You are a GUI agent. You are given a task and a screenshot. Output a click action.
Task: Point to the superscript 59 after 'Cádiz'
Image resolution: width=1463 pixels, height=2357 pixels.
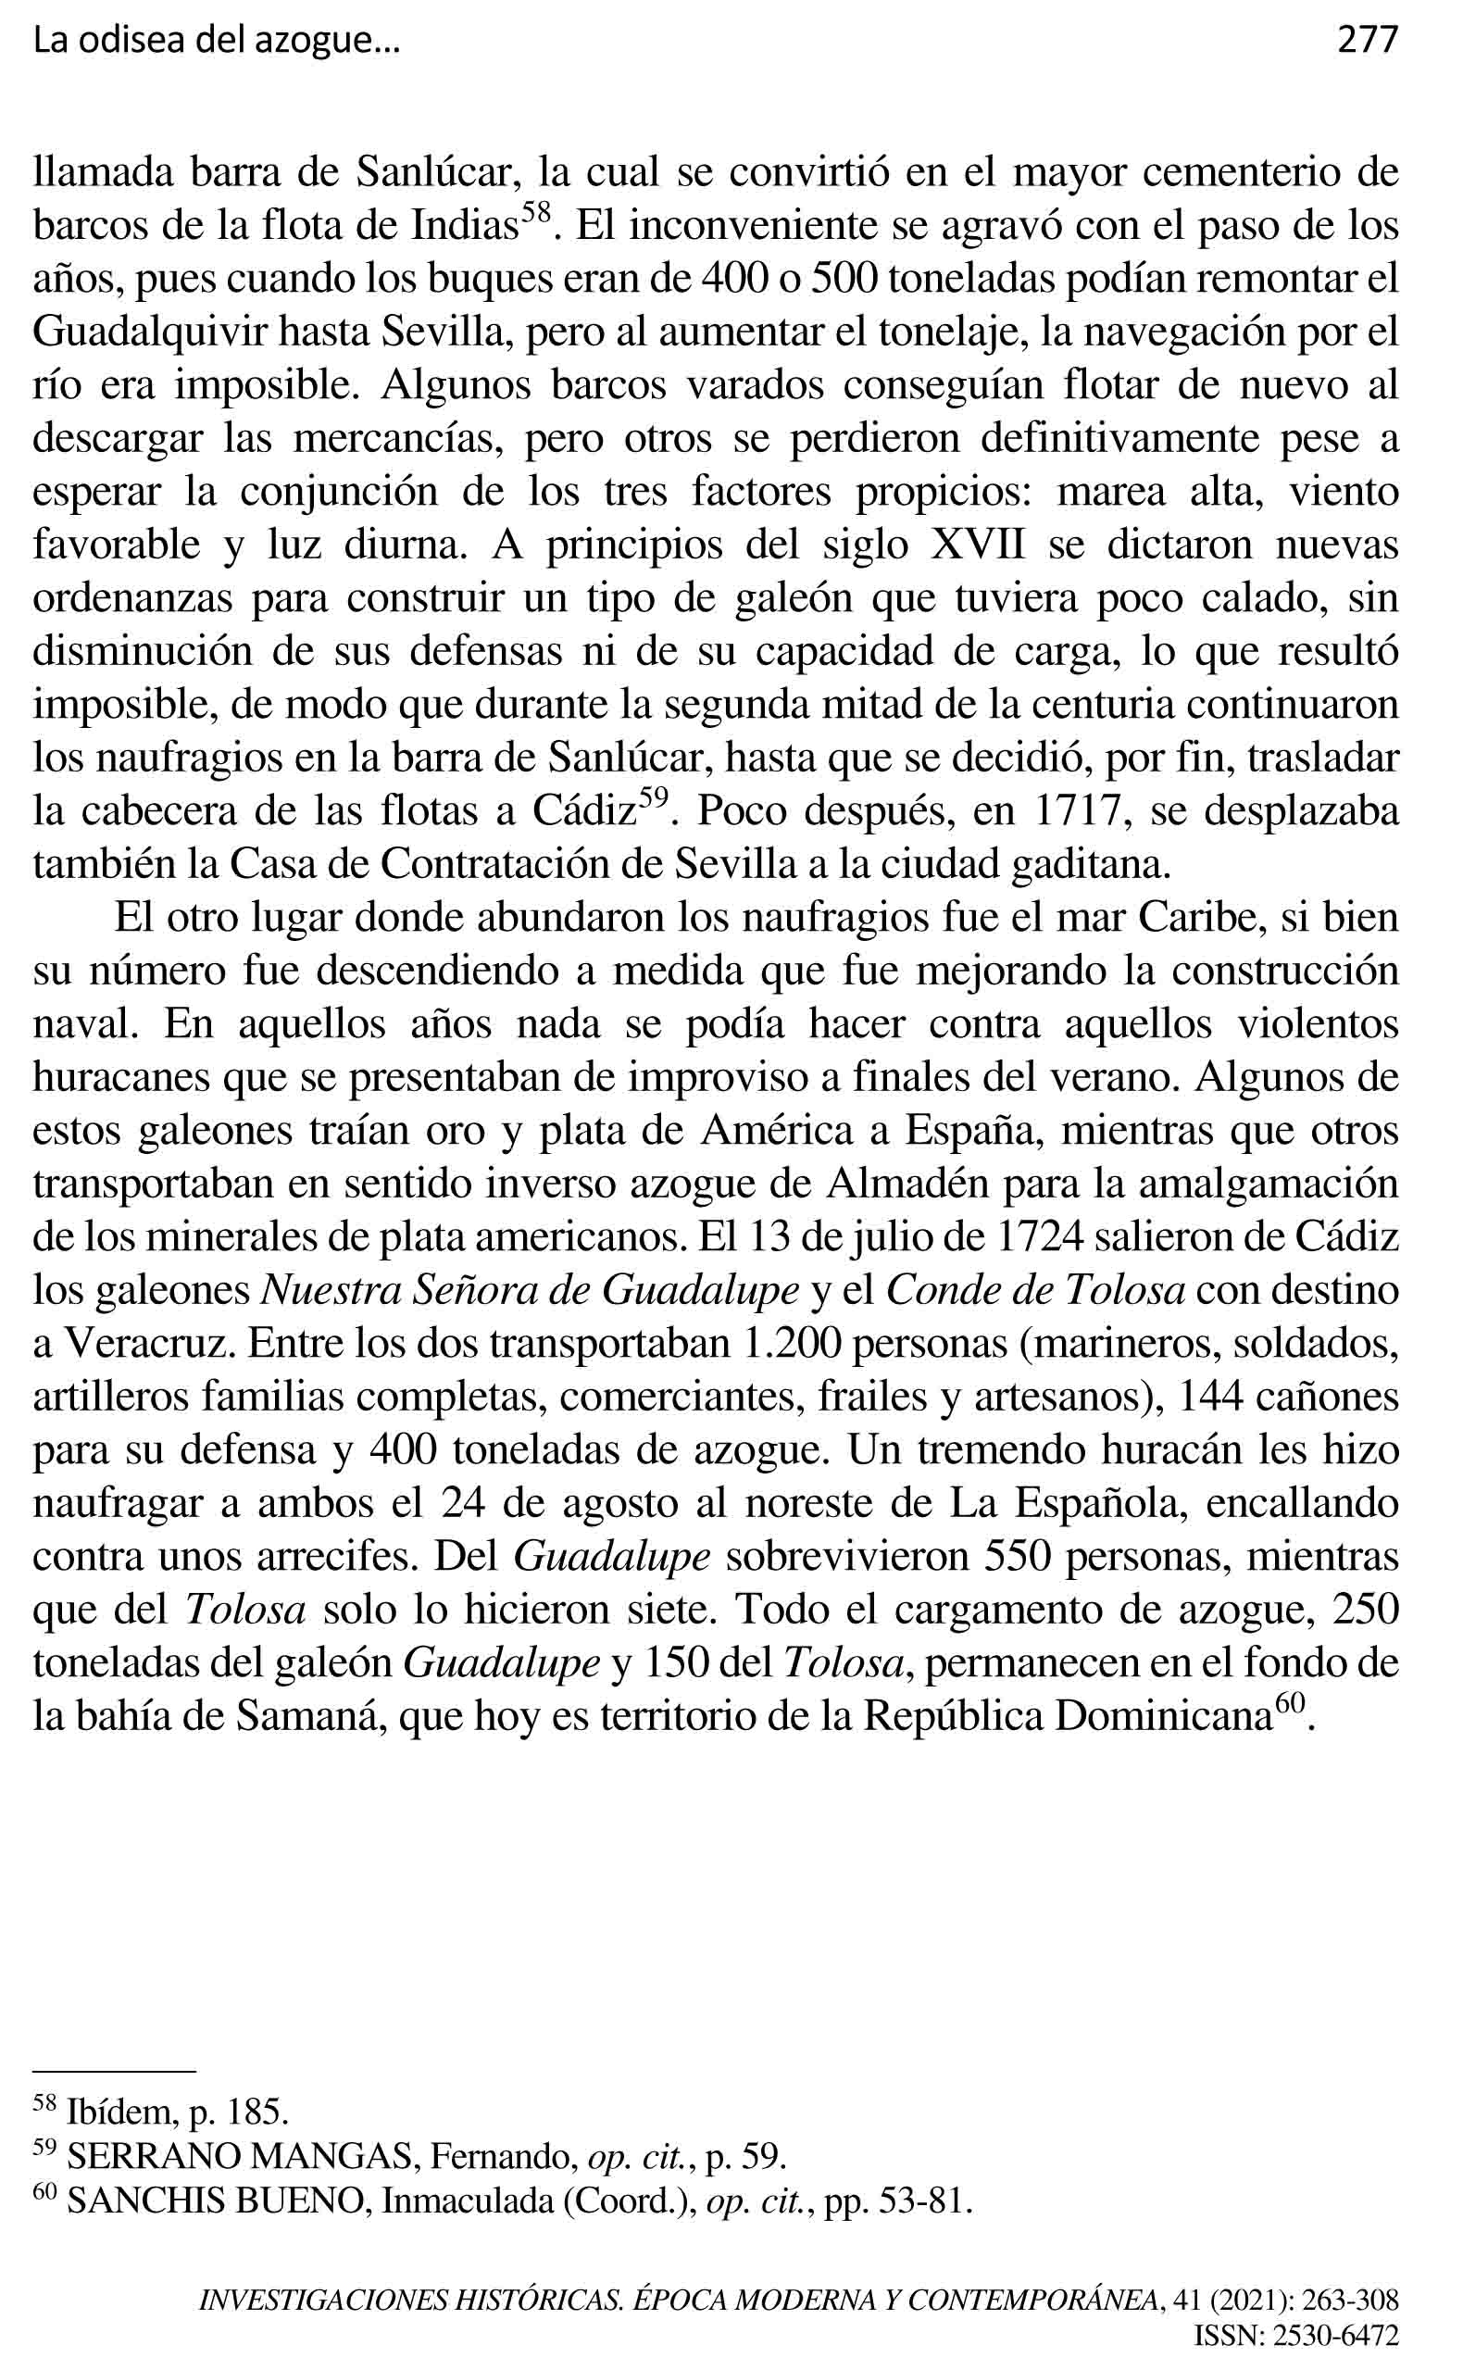pyautogui.click(x=654, y=798)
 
